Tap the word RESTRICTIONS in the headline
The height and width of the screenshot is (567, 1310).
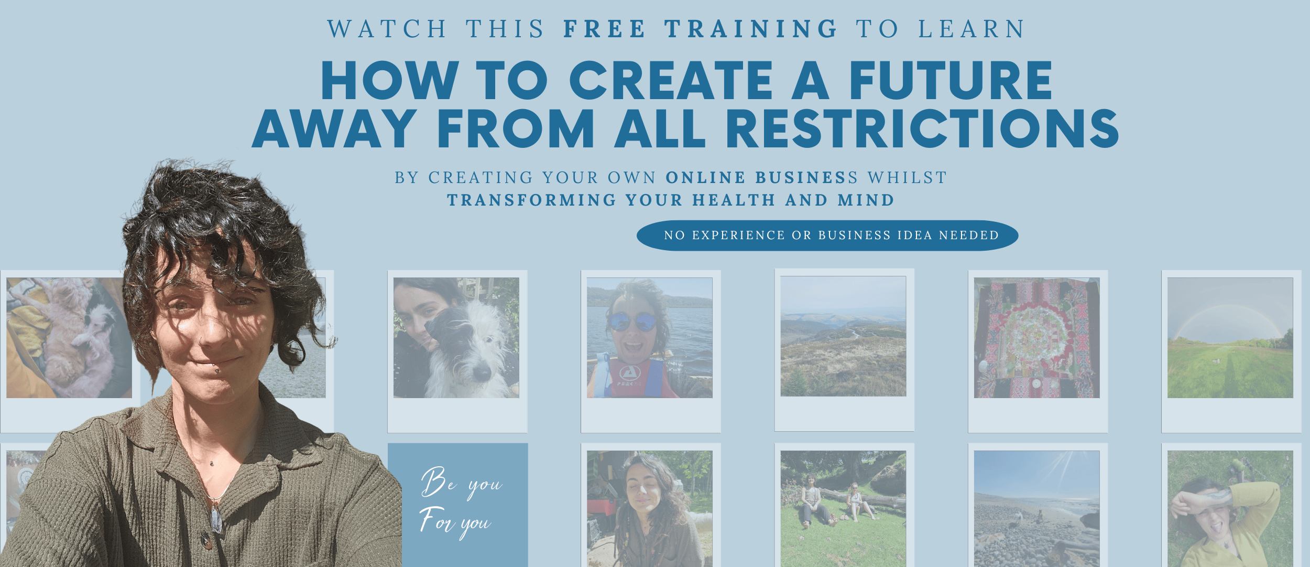point(922,129)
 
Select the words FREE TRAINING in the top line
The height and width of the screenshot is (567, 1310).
point(701,29)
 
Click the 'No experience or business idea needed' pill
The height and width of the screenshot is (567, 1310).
point(827,235)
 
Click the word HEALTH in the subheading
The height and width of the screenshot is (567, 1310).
point(734,200)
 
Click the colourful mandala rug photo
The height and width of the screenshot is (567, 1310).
point(1037,338)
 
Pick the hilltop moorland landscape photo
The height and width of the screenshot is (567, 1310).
point(843,336)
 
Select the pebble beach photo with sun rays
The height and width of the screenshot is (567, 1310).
point(1037,508)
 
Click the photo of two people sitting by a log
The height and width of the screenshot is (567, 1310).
point(843,508)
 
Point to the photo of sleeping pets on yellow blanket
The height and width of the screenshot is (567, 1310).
point(69,338)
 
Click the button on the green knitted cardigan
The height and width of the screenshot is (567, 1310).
point(208,541)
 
